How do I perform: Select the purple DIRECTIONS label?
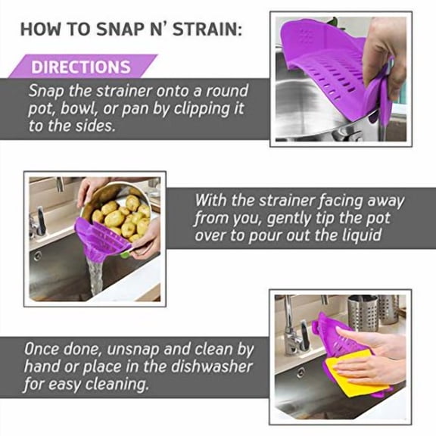(x=81, y=67)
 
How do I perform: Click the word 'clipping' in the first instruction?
(x=205, y=108)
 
